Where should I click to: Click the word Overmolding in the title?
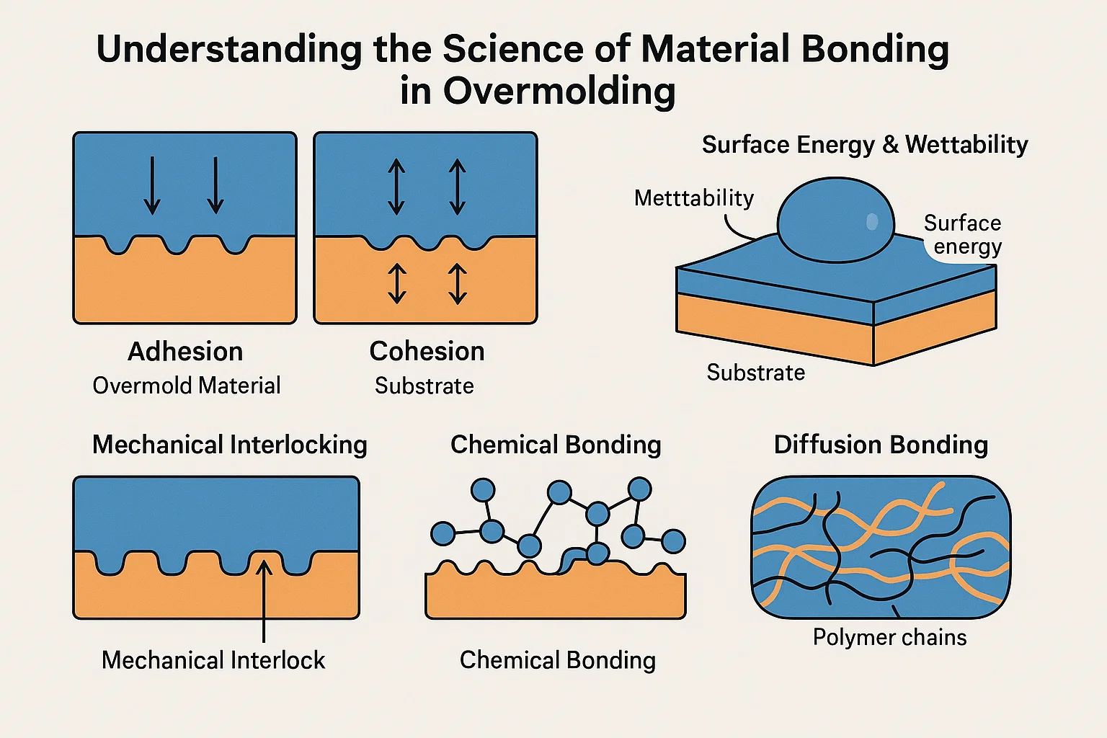point(559,92)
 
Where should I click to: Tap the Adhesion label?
point(185,352)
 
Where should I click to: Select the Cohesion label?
point(427,352)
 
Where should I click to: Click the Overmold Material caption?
point(187,386)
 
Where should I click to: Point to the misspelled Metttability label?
point(694,198)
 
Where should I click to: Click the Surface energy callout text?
point(964,235)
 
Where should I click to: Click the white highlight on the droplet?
point(872,221)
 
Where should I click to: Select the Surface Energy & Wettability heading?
point(865,145)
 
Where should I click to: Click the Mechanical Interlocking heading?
point(230,445)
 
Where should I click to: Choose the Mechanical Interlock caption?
point(213,660)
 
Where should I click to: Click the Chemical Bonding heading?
point(556,445)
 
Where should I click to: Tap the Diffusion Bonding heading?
point(881,445)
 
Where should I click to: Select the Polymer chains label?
point(889,637)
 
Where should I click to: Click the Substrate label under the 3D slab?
point(755,373)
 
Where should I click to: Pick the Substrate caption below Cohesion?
point(424,386)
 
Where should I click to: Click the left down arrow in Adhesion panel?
point(152,184)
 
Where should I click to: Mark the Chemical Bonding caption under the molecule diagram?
point(558,660)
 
